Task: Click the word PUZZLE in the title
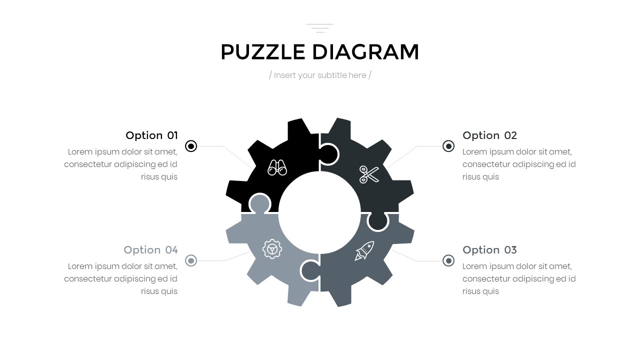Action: tap(263, 52)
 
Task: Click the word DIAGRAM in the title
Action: tap(365, 52)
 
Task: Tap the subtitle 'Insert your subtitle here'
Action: tap(320, 75)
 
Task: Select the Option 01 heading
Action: tap(151, 135)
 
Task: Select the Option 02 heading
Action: tap(489, 135)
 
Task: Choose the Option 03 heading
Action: tap(489, 250)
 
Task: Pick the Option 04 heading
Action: tap(150, 250)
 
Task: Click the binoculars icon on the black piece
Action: tap(277, 167)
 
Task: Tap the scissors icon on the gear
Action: tap(369, 174)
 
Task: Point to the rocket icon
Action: tap(364, 250)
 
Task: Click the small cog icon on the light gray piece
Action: tap(272, 249)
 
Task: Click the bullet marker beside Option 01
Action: tap(191, 146)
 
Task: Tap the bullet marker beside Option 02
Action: tap(448, 146)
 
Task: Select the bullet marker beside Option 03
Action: tap(448, 260)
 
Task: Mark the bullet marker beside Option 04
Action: tap(191, 260)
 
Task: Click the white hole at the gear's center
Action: tap(319, 213)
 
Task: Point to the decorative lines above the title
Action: tap(320, 28)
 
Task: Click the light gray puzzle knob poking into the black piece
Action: tap(259, 203)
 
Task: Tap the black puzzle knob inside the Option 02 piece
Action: tap(328, 154)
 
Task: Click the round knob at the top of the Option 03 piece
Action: tap(377, 221)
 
